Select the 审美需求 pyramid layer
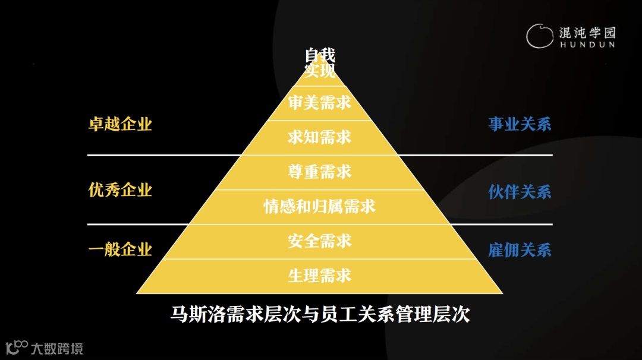(320, 103)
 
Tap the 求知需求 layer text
(320, 138)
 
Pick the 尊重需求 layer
(320, 172)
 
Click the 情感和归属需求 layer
(320, 207)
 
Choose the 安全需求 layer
(320, 241)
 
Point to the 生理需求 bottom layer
(320, 276)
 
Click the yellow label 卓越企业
(120, 124)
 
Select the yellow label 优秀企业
(120, 190)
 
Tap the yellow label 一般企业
(120, 250)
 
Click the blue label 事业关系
(520, 124)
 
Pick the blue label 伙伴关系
(520, 192)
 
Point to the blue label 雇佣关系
(520, 250)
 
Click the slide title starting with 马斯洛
(320, 314)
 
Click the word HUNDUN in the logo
(587, 45)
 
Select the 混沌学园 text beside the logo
(587, 32)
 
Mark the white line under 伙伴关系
(505, 225)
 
